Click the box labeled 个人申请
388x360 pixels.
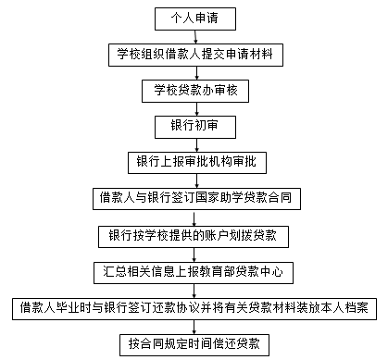click(194, 19)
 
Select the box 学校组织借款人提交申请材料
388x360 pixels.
click(194, 55)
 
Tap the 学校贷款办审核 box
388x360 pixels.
click(194, 91)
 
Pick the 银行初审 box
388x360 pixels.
click(194, 126)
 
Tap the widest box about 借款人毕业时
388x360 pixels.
click(194, 307)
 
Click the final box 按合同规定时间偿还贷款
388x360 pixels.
click(194, 343)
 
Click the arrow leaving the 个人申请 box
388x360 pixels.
click(194, 36)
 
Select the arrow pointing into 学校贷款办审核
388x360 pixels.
click(194, 72)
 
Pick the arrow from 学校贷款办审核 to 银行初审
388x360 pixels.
click(194, 108)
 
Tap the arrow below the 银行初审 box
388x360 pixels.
click(194, 144)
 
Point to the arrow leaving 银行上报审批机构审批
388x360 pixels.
click(194, 180)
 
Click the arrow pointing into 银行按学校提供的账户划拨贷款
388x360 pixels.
click(194, 217)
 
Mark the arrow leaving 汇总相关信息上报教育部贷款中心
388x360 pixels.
click(194, 289)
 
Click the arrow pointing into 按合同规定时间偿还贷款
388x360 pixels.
click(194, 325)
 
